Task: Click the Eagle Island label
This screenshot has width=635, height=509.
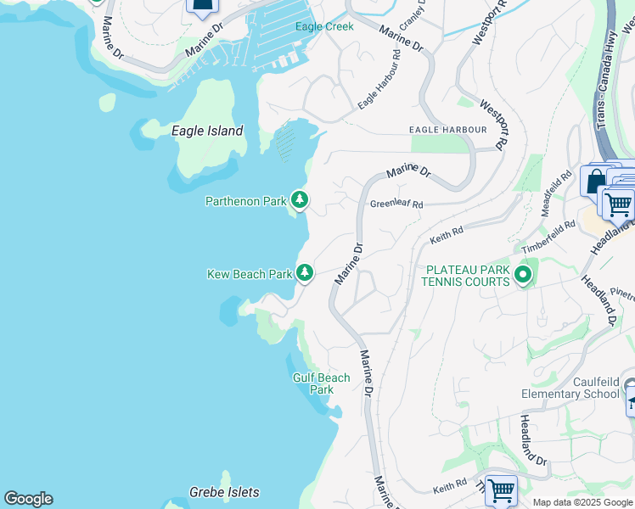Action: point(207,131)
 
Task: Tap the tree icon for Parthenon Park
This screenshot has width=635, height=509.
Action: point(299,200)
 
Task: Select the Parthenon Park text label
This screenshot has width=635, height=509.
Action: point(245,201)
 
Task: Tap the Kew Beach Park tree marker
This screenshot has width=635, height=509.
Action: point(305,273)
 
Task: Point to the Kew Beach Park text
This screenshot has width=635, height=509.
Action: point(250,274)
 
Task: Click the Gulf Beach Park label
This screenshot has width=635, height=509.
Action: point(322,383)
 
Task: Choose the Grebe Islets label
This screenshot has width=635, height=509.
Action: point(224,492)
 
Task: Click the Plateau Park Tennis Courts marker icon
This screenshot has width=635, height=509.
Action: point(522,275)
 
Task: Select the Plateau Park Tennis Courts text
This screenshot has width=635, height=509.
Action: point(468,276)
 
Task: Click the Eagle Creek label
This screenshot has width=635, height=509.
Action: point(324,26)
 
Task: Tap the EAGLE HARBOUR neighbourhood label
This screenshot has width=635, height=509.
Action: point(447,130)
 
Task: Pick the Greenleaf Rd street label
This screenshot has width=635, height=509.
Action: point(396,204)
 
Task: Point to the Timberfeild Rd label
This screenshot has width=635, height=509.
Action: point(542,240)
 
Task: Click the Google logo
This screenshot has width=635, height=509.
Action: point(28,499)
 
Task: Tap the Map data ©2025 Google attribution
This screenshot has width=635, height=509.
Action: point(582,502)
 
